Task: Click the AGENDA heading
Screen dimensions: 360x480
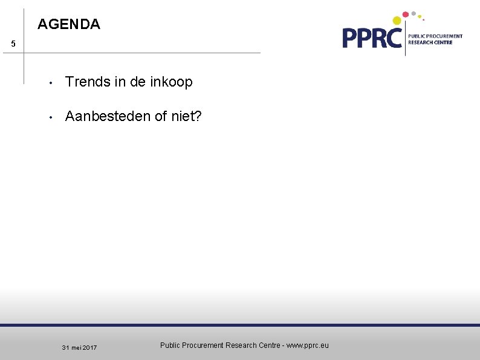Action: (x=69, y=25)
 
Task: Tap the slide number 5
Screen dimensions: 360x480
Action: (x=13, y=45)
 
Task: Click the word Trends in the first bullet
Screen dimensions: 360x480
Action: (x=86, y=82)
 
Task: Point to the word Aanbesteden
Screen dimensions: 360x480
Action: (x=108, y=116)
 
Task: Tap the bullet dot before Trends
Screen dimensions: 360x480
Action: (x=53, y=83)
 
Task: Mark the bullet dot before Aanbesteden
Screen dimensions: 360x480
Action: (x=53, y=116)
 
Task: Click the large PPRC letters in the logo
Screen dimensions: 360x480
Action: (x=372, y=38)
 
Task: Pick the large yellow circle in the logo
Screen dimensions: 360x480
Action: (x=397, y=21)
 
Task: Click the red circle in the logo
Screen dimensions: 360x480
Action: (x=406, y=15)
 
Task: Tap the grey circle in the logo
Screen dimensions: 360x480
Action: (x=414, y=13)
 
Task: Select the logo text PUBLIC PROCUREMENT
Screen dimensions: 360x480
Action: (x=435, y=36)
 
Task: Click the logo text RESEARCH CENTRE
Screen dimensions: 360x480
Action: (x=430, y=43)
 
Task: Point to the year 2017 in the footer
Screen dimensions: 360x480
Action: (x=89, y=348)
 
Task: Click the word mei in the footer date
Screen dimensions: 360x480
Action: (x=76, y=348)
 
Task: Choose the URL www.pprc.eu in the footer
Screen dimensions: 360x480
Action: (x=308, y=345)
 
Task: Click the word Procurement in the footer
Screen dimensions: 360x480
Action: (x=204, y=345)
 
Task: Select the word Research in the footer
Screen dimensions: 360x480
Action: (x=241, y=345)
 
